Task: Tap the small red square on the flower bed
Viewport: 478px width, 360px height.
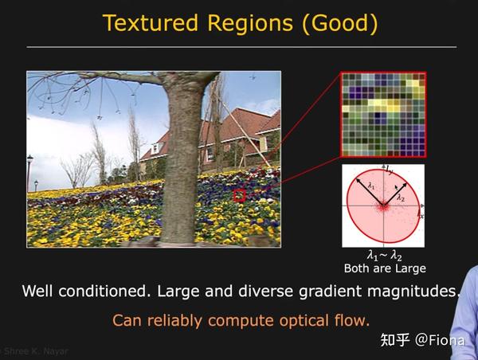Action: (239, 194)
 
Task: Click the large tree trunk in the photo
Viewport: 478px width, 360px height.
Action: (182, 159)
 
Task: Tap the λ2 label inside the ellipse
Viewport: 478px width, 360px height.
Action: (401, 196)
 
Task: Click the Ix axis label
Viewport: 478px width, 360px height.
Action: (421, 215)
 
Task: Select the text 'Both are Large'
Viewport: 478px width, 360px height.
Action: (384, 268)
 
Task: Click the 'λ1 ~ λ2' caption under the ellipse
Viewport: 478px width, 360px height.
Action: (384, 256)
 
